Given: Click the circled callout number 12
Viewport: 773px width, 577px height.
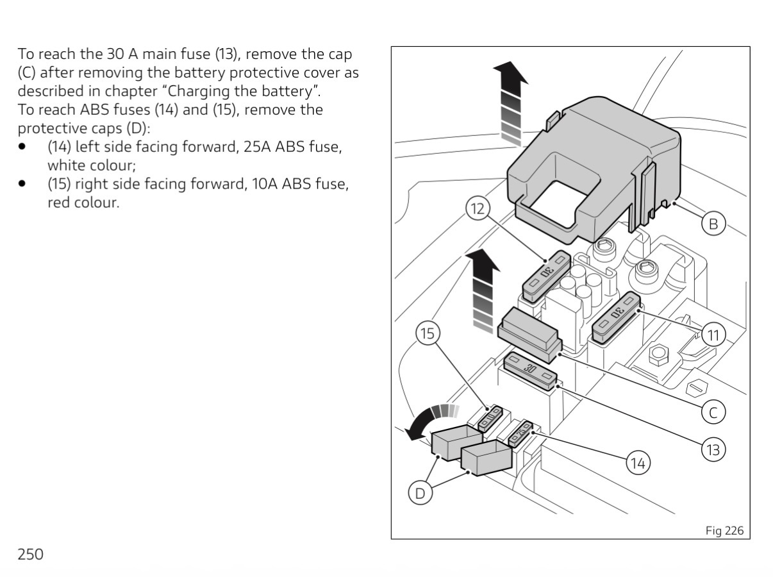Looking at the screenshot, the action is [478, 208].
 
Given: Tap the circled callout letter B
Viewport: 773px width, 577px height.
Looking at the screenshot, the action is [713, 224].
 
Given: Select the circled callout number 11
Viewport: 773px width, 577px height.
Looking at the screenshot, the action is [713, 335].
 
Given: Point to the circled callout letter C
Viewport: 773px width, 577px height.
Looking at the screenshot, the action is [713, 412].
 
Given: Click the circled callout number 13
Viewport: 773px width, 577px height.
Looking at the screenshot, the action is [713, 449].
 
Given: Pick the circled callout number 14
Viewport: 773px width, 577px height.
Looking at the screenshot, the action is [638, 463].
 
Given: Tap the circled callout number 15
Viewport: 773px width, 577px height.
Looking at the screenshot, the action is [428, 333].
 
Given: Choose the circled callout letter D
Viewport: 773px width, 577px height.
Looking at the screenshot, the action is [420, 493].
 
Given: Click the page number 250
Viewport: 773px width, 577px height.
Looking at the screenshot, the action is [31, 554].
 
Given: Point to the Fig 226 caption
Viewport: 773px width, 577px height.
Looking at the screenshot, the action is [724, 530].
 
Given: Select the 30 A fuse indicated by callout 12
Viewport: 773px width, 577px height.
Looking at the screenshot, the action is [546, 276].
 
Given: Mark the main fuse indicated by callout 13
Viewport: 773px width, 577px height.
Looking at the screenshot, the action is [530, 371].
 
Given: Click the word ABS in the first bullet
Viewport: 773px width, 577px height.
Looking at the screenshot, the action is [290, 147].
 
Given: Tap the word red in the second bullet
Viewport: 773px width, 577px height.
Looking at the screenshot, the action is [58, 203].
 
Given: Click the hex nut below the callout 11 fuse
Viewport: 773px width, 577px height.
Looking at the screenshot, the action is [658, 356].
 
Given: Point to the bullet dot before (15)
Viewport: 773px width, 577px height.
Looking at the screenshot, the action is [22, 183].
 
